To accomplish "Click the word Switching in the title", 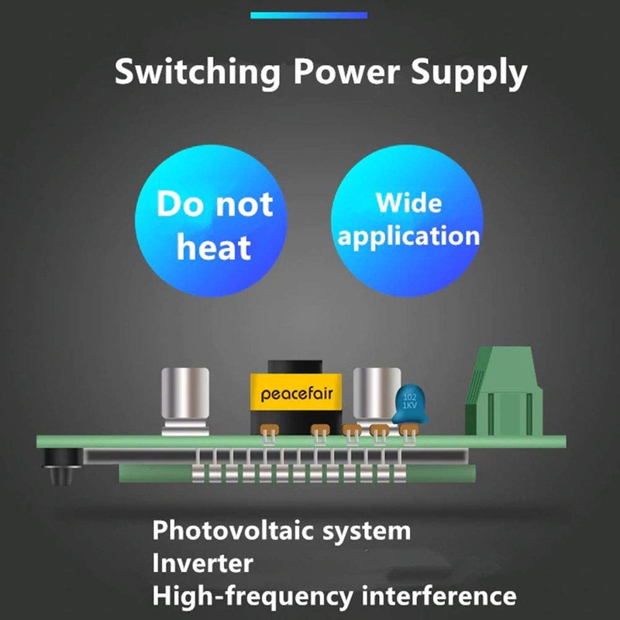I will (198, 72).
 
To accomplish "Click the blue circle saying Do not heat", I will (215, 225).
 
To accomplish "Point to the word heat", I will (214, 247).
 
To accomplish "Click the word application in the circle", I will (408, 236).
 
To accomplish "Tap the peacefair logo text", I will (297, 394).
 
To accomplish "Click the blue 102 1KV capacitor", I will (409, 405).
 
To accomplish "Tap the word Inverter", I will (202, 563).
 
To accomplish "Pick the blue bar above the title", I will (309, 15).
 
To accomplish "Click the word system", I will (371, 532).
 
